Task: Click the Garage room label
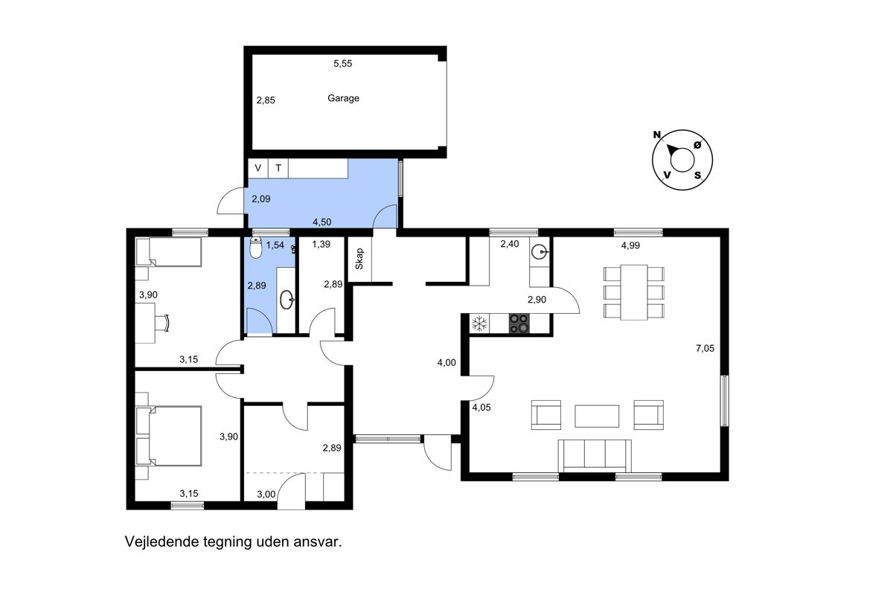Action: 343,98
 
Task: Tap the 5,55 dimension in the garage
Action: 343,63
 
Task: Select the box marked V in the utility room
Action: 258,168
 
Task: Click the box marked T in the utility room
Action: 278,168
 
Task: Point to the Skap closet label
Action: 359,259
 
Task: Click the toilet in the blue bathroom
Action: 255,248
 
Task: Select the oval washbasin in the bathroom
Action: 287,300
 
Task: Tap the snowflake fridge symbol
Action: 479,324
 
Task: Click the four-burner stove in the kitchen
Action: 519,324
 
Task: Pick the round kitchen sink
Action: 540,251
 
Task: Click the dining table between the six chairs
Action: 634,292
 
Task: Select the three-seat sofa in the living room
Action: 595,455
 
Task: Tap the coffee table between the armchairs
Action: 597,416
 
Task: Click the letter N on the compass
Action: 656,135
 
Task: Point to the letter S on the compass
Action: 698,175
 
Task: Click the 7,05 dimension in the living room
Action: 705,348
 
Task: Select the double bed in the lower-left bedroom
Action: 169,436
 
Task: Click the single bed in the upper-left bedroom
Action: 169,252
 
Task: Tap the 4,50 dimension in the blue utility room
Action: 321,222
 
